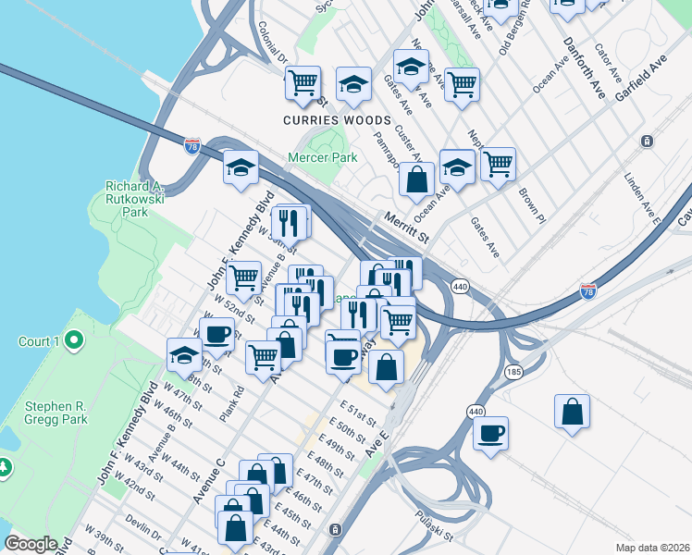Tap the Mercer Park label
coord(322,157)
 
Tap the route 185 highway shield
coord(513,371)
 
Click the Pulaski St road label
coord(434,528)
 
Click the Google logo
coord(31,544)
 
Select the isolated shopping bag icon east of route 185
coord(573,411)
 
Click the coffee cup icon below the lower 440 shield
coord(490,431)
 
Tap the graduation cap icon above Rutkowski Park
coord(241,167)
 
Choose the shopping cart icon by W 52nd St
coord(244,277)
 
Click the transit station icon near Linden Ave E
coord(647,142)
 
